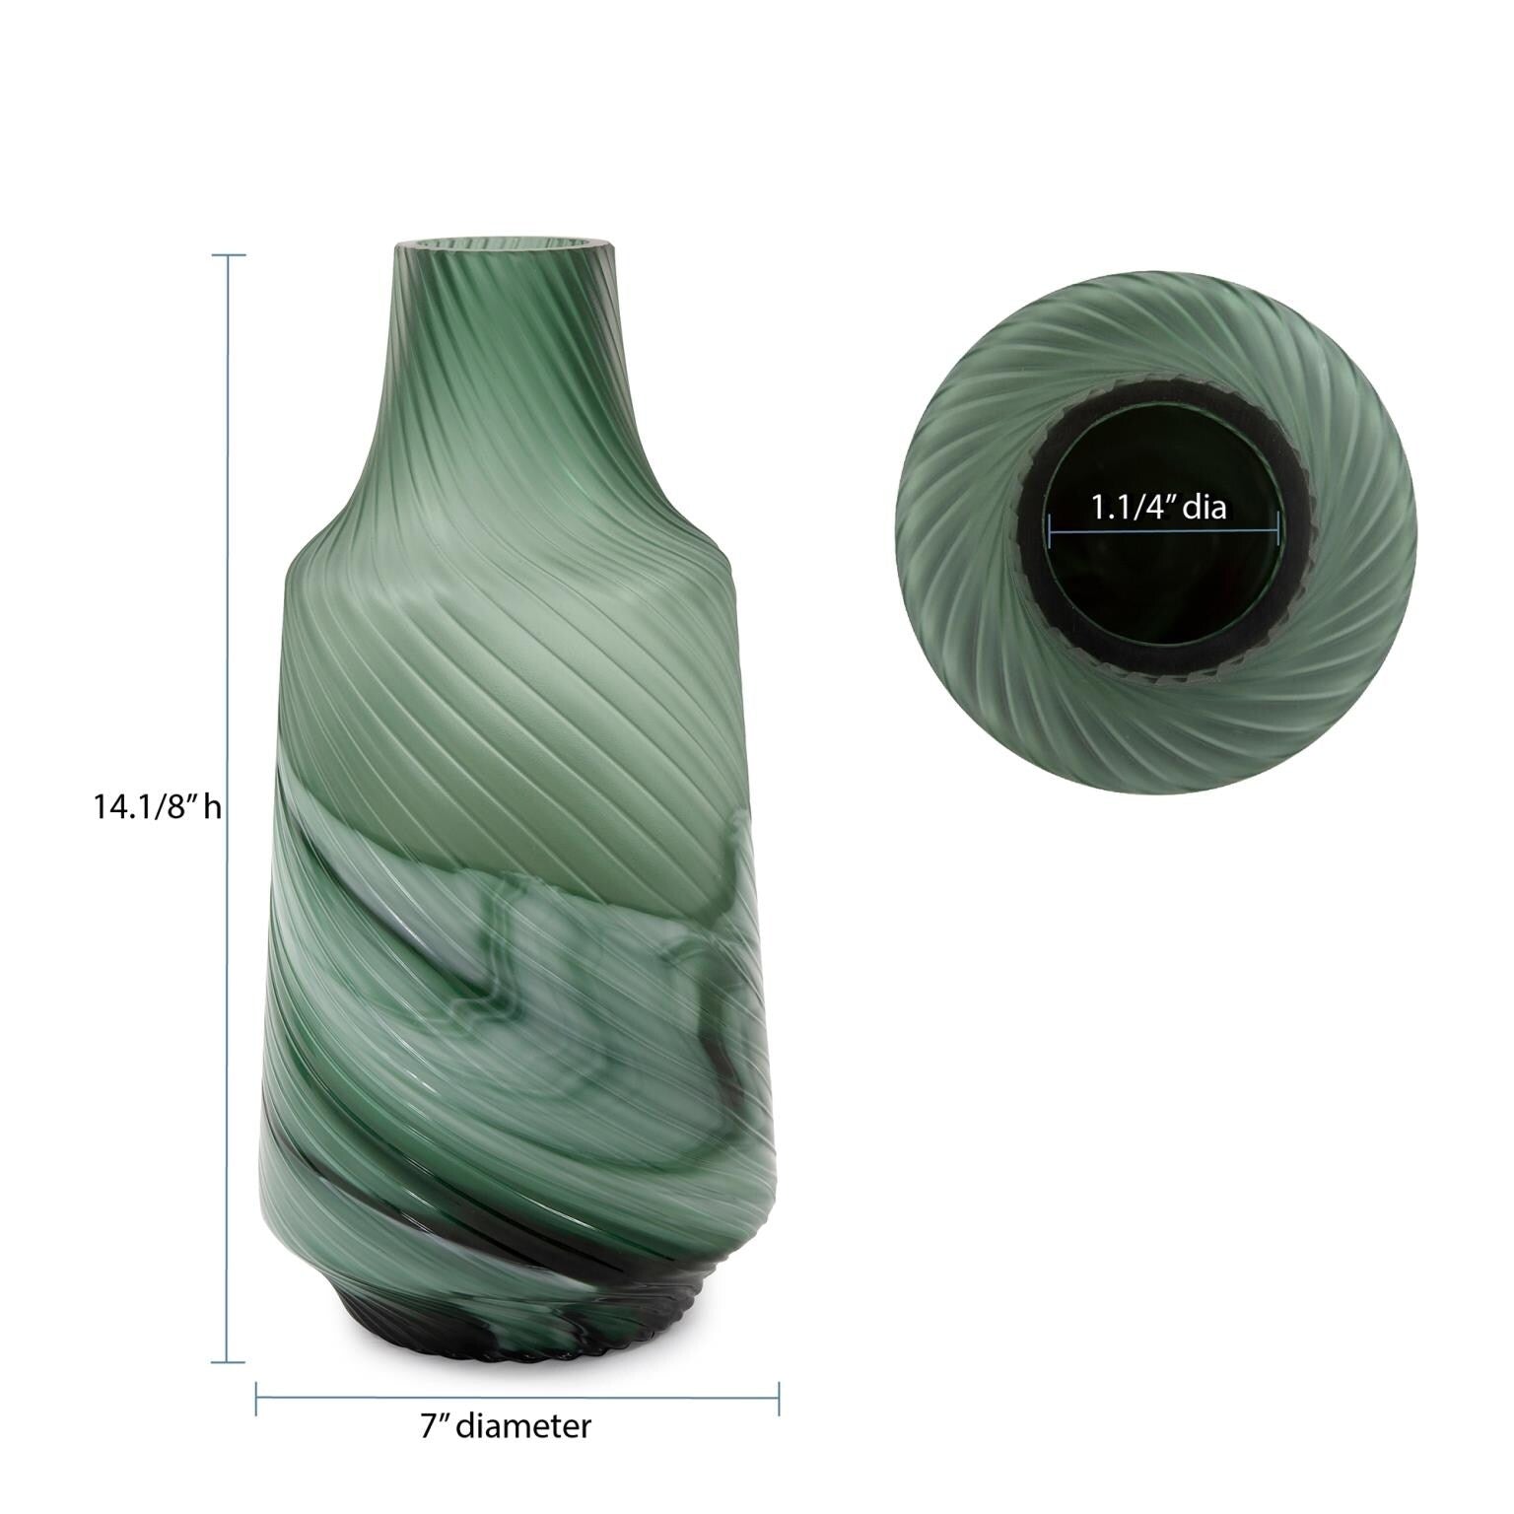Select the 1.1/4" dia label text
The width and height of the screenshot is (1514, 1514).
click(1157, 509)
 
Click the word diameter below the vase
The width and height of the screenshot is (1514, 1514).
click(524, 1426)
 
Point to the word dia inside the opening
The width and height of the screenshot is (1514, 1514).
click(1204, 509)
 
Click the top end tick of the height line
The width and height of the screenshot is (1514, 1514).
click(230, 255)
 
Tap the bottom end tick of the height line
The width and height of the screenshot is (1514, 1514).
click(230, 1362)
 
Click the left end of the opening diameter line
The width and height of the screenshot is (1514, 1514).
click(1052, 534)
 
